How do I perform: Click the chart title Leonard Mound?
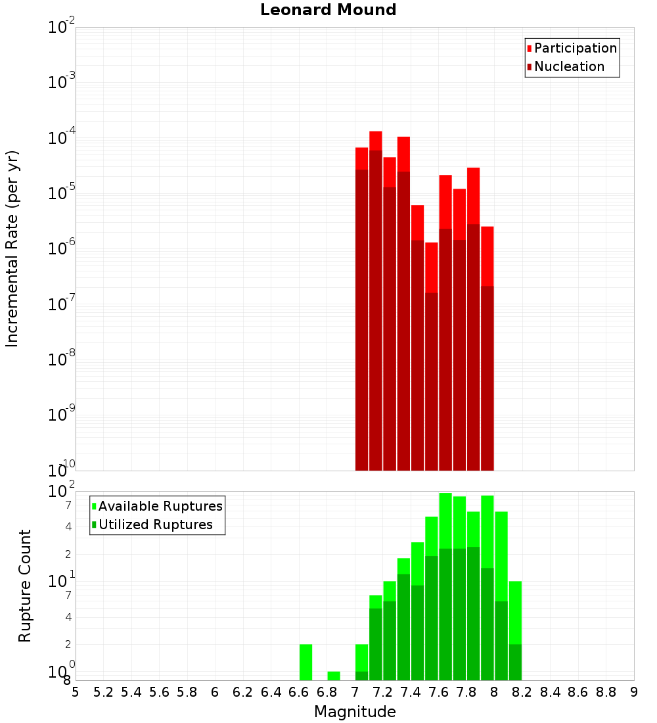(x=328, y=10)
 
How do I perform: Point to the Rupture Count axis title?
(x=25, y=585)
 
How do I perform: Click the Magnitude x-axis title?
(x=355, y=712)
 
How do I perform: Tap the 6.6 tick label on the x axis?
(x=299, y=692)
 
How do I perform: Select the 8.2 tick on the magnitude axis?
(x=522, y=692)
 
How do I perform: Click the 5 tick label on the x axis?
(x=76, y=692)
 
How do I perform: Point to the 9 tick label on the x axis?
(x=634, y=692)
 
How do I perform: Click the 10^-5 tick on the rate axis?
(x=62, y=193)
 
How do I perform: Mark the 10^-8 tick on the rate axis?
(x=62, y=360)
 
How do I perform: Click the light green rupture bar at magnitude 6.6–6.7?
(x=306, y=662)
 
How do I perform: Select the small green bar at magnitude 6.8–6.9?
(x=334, y=676)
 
